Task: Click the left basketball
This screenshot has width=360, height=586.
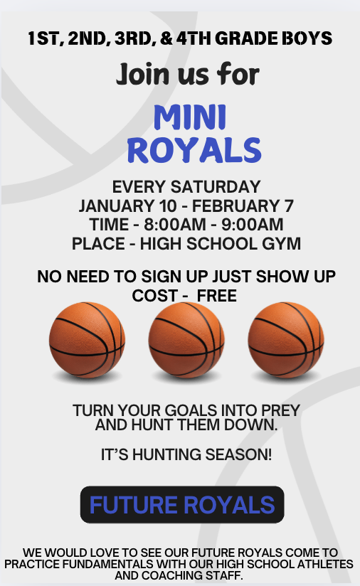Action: point(87,340)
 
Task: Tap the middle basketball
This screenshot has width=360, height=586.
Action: point(186,340)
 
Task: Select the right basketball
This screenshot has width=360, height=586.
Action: point(286,340)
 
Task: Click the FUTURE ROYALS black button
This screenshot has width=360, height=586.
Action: point(182,505)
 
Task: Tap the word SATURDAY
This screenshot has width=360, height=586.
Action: point(216,188)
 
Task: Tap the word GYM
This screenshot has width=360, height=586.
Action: point(280,244)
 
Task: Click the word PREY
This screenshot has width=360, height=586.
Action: point(277,411)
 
